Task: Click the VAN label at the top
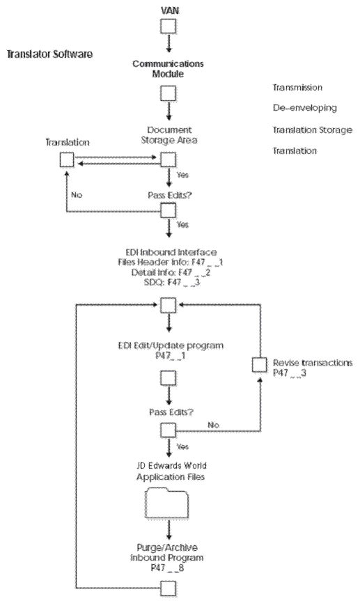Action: pos(169,10)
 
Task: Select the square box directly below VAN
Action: pos(169,26)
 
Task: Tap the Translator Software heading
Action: pos(49,54)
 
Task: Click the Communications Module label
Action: pos(169,68)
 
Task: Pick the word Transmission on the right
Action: pos(297,88)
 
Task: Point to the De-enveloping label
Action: pos(304,109)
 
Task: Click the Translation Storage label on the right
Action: pos(312,130)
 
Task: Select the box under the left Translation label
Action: pos(67,160)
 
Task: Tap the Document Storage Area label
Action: pos(169,135)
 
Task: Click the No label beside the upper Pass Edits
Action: pos(77,195)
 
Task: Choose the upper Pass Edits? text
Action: pos(169,197)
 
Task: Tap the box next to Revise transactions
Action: pos(259,364)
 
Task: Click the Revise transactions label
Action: pos(313,364)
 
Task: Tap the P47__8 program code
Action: pos(169,568)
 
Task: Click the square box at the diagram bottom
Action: pos(169,588)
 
